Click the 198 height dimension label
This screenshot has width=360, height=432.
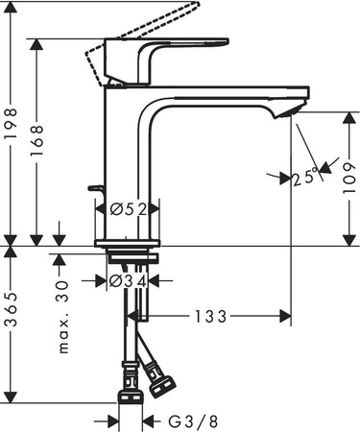click(12, 123)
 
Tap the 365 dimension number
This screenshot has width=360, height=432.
click(12, 324)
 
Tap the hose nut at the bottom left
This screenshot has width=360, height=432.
click(130, 394)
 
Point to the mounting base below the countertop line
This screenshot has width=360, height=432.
click(130, 257)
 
